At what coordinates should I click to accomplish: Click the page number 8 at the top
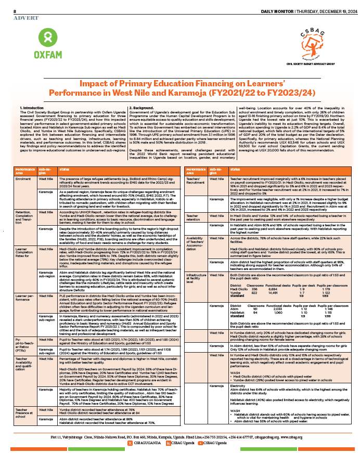coord(15,11)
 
